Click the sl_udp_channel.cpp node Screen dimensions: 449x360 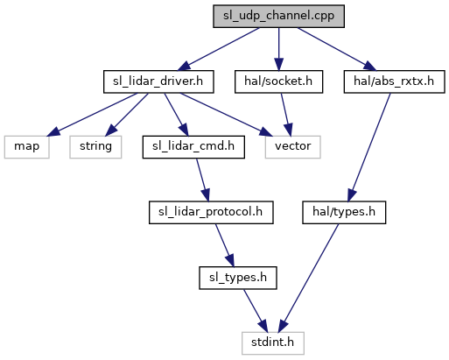point(278,16)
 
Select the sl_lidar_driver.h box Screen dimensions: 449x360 point(158,81)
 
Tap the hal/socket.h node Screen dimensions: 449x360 point(278,81)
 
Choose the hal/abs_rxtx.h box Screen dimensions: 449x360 point(394,81)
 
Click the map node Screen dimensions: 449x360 point(26,147)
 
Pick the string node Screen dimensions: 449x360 point(95,147)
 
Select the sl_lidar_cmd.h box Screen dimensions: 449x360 point(193,147)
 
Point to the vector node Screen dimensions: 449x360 point(292,147)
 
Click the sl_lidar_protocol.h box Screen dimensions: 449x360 point(211,212)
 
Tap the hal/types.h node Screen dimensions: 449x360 point(344,212)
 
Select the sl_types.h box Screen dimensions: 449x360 point(238,278)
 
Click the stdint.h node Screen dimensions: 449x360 point(273,343)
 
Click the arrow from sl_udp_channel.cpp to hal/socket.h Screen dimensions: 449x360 point(278,49)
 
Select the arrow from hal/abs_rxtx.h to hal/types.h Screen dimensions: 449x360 point(369,147)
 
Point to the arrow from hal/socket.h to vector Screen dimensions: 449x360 point(286,115)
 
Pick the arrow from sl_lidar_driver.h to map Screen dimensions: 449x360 point(92,115)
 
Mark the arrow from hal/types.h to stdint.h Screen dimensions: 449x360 point(309,278)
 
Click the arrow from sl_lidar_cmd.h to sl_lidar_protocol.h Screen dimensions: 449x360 point(202,180)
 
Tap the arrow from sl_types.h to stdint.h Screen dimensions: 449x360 point(256,311)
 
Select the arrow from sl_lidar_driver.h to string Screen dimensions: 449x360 point(127,115)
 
